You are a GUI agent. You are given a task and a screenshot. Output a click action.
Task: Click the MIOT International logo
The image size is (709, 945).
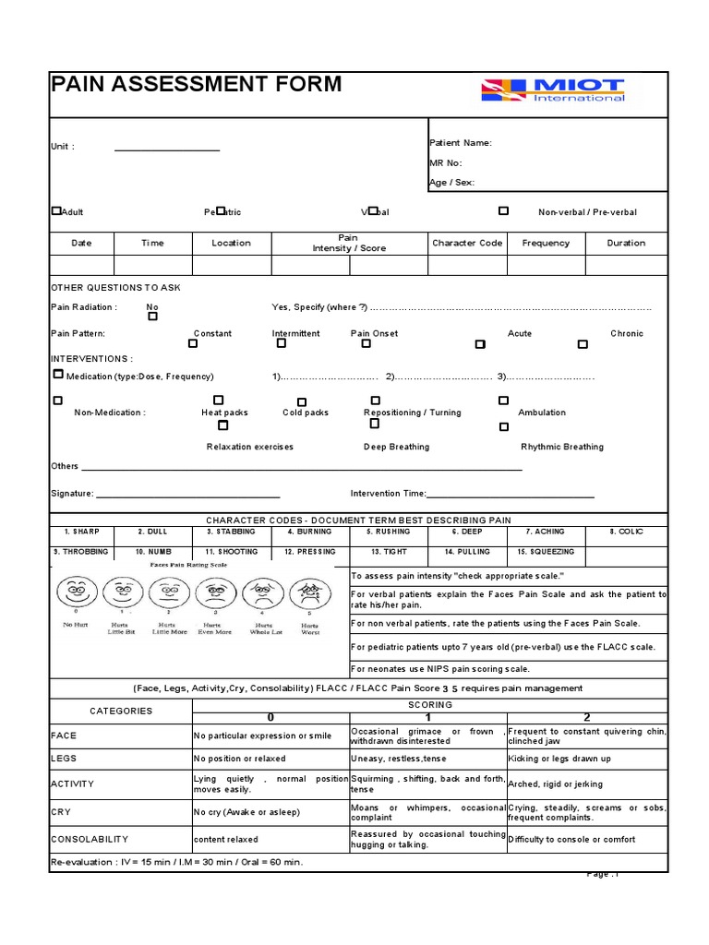coord(553,90)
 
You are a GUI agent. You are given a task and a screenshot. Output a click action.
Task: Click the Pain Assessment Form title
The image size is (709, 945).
coord(196,85)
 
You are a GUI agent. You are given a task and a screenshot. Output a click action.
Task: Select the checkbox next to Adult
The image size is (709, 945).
coord(56,211)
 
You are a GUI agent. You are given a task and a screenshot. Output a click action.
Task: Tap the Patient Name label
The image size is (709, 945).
coord(461,143)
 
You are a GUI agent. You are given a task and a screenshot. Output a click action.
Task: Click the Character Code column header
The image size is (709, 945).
coord(467,243)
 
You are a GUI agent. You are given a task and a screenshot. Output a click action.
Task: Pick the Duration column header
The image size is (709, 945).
coord(626,243)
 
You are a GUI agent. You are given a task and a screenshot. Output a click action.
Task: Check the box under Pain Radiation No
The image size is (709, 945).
coord(152,317)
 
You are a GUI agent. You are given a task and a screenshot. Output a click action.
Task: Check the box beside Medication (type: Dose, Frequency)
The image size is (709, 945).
coord(58,375)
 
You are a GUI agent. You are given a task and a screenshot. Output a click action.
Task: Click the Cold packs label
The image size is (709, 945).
coord(306,413)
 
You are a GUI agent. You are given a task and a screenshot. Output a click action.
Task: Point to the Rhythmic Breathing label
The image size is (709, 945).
coord(562,447)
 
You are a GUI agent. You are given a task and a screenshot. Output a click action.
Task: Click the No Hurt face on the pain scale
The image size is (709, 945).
coord(75,590)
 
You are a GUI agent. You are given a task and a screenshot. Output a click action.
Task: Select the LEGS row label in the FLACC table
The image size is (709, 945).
coord(64,759)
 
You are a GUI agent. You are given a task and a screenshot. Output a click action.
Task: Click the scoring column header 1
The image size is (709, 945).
coord(427,717)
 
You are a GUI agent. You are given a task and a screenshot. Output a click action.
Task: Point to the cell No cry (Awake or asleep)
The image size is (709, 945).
coord(234,812)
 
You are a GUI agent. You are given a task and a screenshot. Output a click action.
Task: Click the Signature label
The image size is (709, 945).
coord(72,494)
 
